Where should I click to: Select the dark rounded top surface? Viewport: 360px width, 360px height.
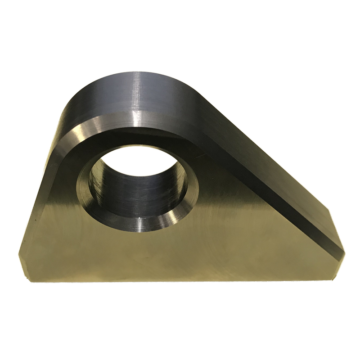click(x=112, y=99)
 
